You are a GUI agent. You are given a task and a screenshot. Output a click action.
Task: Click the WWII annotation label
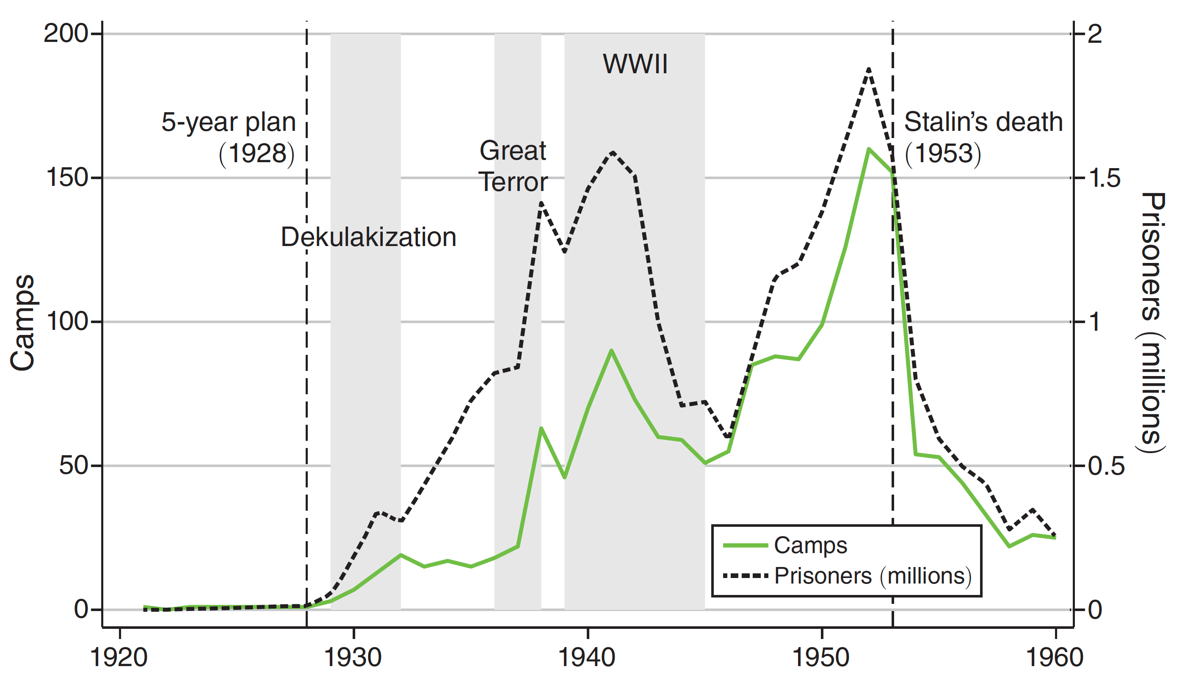click(635, 64)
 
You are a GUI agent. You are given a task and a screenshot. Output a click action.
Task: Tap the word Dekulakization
click(368, 237)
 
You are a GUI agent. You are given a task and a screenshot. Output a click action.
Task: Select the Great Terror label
click(513, 166)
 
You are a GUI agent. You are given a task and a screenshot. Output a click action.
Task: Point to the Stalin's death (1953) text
click(983, 137)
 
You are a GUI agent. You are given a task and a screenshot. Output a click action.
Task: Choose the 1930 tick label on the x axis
click(353, 657)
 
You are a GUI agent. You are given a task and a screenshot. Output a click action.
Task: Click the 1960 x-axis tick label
click(1055, 657)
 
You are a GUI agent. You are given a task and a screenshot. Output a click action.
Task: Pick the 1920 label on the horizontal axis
click(119, 657)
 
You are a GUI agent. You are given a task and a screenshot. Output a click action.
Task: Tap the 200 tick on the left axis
click(66, 34)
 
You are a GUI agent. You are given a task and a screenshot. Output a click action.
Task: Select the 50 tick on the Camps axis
click(73, 465)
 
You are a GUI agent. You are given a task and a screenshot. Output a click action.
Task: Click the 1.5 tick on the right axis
click(1105, 178)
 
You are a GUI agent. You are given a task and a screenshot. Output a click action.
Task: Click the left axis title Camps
click(22, 322)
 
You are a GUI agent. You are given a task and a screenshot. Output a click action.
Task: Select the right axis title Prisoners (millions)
click(1152, 322)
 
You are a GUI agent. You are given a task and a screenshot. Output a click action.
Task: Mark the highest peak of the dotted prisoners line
click(869, 69)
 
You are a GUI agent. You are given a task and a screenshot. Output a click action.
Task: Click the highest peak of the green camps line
click(869, 149)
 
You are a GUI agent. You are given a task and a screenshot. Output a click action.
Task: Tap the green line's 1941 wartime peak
click(611, 351)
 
